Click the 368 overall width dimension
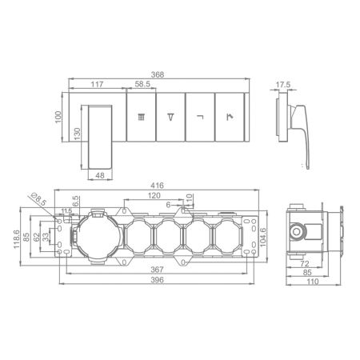coord(158,74)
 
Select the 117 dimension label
coord(97,84)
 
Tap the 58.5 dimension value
coord(142,84)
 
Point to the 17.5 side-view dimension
coord(282,85)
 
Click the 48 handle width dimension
coord(100,175)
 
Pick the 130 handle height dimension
coord(77,134)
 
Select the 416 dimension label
coord(157,186)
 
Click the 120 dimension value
coord(154,195)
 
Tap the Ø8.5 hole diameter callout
coord(39,198)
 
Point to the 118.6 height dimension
coord(17,239)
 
